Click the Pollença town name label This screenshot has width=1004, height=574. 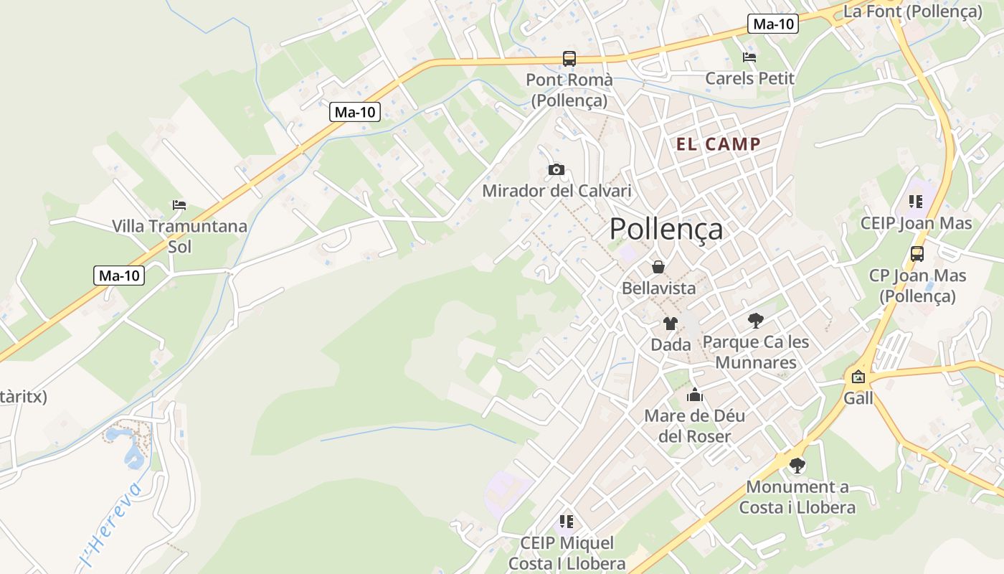pos(666,230)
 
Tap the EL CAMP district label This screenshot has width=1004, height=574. pos(718,144)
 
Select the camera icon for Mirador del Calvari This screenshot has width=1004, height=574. pos(556,170)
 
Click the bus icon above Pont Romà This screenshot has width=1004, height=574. pos(569,59)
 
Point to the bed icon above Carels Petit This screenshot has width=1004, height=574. pos(749,57)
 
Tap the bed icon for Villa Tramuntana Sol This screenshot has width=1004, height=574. pos(179,205)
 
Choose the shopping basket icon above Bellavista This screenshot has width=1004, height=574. pos(658,267)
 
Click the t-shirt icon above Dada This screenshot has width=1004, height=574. pos(670,323)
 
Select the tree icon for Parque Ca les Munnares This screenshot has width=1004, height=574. pos(755,320)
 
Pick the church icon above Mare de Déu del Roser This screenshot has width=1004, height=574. pos(694,395)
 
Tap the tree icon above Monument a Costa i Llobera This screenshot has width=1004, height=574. pos(797,466)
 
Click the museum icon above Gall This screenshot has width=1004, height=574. pos(858,377)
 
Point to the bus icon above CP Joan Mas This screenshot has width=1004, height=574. pos(917,254)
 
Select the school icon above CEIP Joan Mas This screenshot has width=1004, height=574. pos(915,202)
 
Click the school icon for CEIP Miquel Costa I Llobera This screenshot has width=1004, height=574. pos(567,522)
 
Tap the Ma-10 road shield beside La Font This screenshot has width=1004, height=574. pos(773,24)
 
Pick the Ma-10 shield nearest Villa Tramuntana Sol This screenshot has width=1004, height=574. pos(119,276)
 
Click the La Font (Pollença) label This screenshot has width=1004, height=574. pos(912,11)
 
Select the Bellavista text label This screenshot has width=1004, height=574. pos(658,288)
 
